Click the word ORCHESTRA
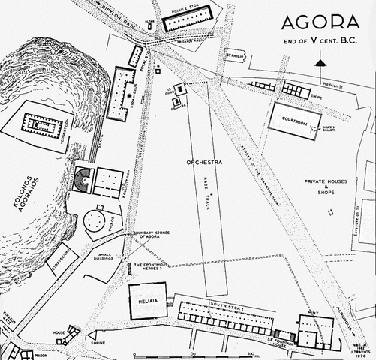pos(205,163)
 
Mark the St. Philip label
pos(235,55)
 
